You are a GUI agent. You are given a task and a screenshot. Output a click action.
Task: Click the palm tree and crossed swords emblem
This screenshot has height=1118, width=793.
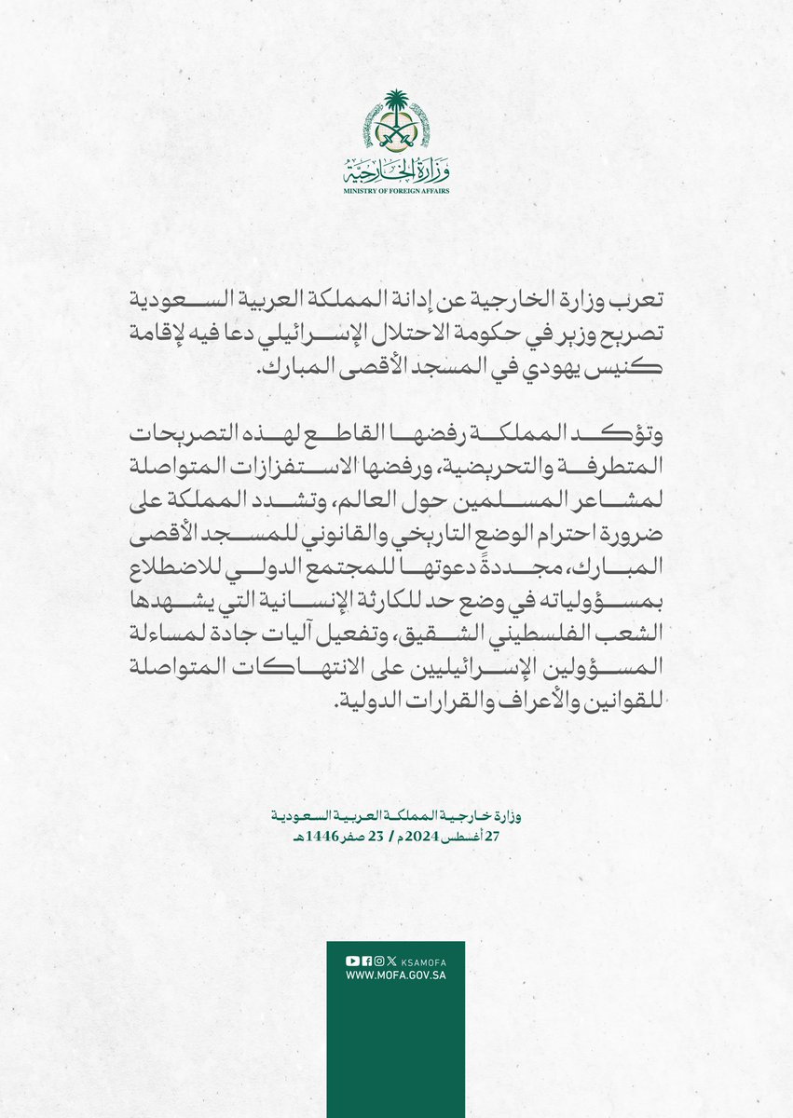(396, 125)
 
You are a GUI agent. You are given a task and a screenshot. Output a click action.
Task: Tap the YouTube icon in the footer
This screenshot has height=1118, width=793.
(351, 961)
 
